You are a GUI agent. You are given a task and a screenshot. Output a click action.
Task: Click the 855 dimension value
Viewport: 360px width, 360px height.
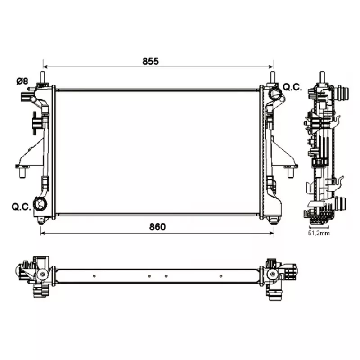coord(151,62)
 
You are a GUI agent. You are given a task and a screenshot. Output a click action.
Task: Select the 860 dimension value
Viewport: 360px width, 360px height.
coord(157,227)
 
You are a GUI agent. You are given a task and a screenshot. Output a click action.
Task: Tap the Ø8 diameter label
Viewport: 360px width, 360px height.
coord(22,81)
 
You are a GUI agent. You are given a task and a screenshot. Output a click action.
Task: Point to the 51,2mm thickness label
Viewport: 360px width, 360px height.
coord(319,234)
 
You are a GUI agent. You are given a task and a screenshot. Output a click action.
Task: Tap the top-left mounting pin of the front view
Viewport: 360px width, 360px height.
coord(43,77)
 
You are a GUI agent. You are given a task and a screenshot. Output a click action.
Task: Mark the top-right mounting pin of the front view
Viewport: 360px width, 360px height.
coord(272,77)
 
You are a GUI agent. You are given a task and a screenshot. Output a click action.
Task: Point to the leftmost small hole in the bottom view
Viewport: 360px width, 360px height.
coord(94,276)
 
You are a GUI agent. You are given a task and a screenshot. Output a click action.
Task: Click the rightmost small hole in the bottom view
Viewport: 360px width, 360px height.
coord(220,276)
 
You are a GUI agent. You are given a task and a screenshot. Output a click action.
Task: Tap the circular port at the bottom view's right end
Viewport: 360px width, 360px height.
coord(272,274)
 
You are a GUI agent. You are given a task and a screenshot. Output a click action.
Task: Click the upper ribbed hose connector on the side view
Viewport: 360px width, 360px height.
coord(343,94)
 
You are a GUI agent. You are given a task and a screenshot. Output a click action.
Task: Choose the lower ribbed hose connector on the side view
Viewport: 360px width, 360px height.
coord(342,204)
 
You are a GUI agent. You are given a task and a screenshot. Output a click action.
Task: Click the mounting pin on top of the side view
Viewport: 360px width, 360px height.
coord(322,77)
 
